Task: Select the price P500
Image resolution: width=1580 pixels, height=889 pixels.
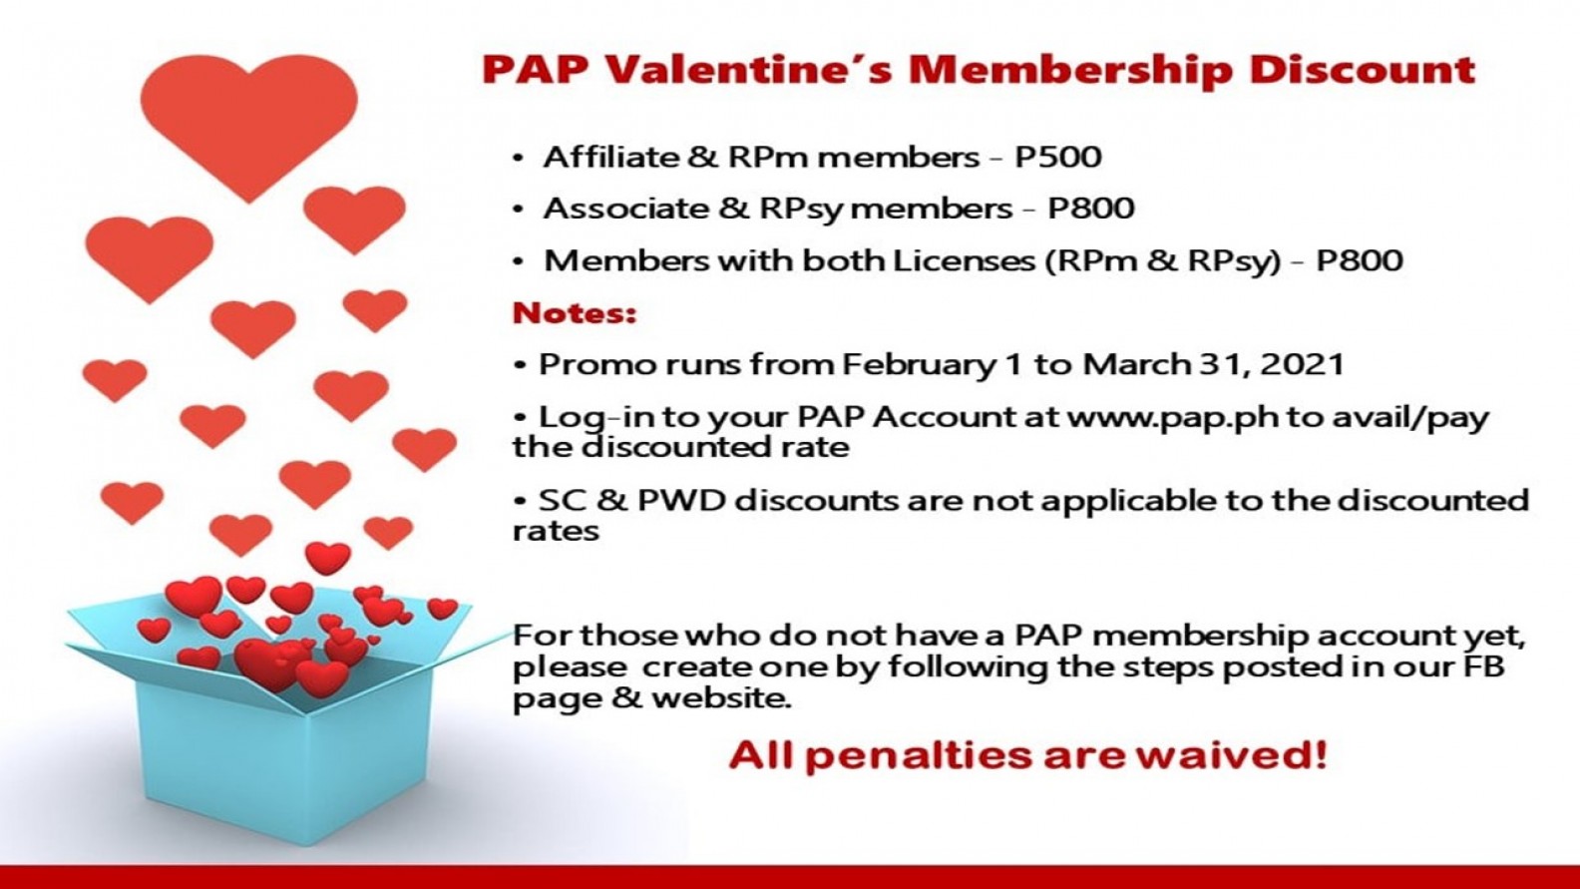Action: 1057,157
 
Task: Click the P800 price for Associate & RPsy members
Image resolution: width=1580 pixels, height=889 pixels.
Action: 1091,209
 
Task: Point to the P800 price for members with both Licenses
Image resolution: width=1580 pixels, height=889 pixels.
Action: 1360,260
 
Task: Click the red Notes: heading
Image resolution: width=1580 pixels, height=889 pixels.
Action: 575,313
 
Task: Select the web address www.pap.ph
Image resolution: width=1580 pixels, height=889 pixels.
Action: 1172,418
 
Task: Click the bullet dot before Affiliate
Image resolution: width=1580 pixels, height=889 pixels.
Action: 519,159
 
